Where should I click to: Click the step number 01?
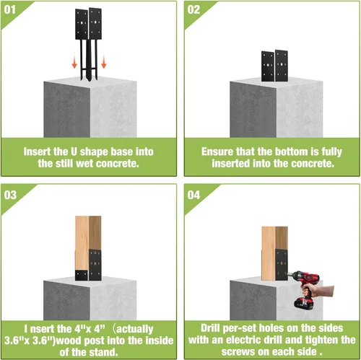pos(10,9)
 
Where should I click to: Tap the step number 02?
pos(193,9)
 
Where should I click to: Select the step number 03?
pos(10,195)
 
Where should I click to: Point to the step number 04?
pos(193,195)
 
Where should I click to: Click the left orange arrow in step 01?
pos(74,61)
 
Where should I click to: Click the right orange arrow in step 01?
pos(104,61)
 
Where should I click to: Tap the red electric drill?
pos(305,289)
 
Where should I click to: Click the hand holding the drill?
pos(318,291)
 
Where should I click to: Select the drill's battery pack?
pos(304,304)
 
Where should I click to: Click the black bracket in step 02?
pos(274,66)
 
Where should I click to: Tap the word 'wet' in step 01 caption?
pos(85,164)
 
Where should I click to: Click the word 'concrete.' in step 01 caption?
pos(118,164)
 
